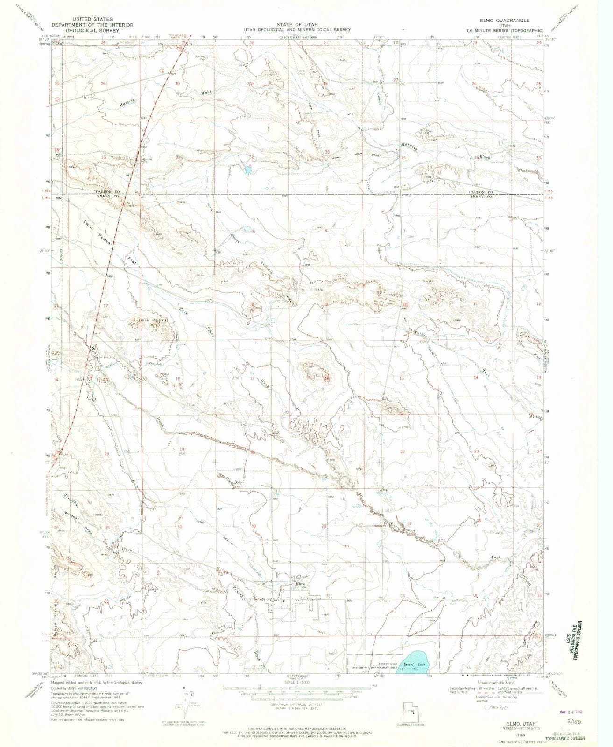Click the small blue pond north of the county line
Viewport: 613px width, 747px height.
[x=245, y=169]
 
